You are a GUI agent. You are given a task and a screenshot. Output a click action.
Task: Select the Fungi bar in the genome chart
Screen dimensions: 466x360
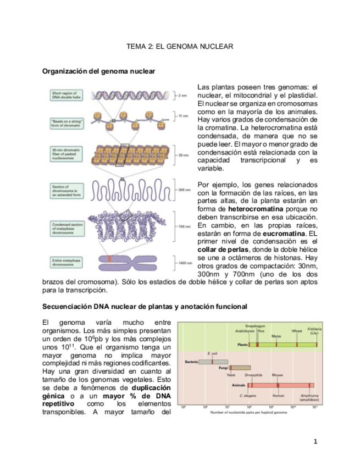(240, 367)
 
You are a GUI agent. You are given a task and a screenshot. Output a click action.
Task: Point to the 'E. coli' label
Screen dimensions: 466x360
(213, 353)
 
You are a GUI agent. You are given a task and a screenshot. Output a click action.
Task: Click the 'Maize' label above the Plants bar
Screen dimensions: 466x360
(276, 336)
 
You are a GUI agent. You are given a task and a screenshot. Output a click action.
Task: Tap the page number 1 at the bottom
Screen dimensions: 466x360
(315, 441)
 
